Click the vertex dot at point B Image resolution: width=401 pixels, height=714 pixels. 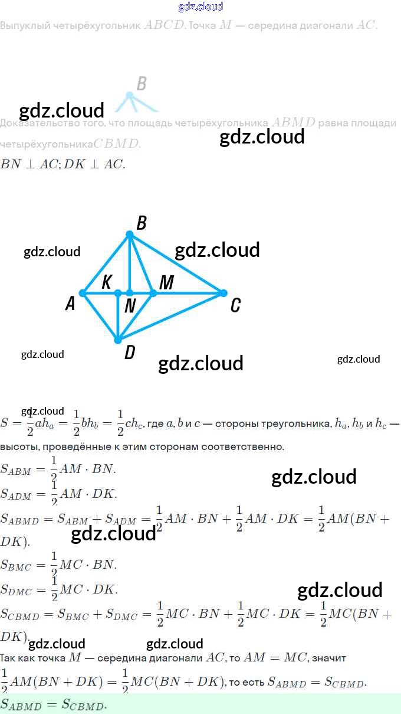[130, 235]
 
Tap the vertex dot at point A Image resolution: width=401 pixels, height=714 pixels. [83, 293]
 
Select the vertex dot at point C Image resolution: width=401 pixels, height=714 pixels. [223, 293]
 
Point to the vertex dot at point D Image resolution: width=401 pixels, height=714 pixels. [118, 340]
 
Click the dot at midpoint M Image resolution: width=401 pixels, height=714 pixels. [153, 293]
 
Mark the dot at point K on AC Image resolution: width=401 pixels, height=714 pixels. [118, 293]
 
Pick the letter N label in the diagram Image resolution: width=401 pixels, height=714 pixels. [130, 305]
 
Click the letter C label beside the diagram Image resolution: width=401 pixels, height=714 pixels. [235, 305]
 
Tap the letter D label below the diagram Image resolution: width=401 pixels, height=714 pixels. [130, 353]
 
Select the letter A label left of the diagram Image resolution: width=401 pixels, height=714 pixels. [70, 304]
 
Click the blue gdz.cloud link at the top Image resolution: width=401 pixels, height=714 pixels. [200, 6]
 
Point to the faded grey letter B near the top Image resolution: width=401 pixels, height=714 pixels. [141, 84]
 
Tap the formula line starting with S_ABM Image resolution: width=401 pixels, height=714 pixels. [58, 469]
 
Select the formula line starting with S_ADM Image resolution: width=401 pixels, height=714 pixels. [59, 493]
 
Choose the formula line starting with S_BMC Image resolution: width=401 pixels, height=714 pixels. [58, 565]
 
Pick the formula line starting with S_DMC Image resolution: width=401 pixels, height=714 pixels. [59, 589]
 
